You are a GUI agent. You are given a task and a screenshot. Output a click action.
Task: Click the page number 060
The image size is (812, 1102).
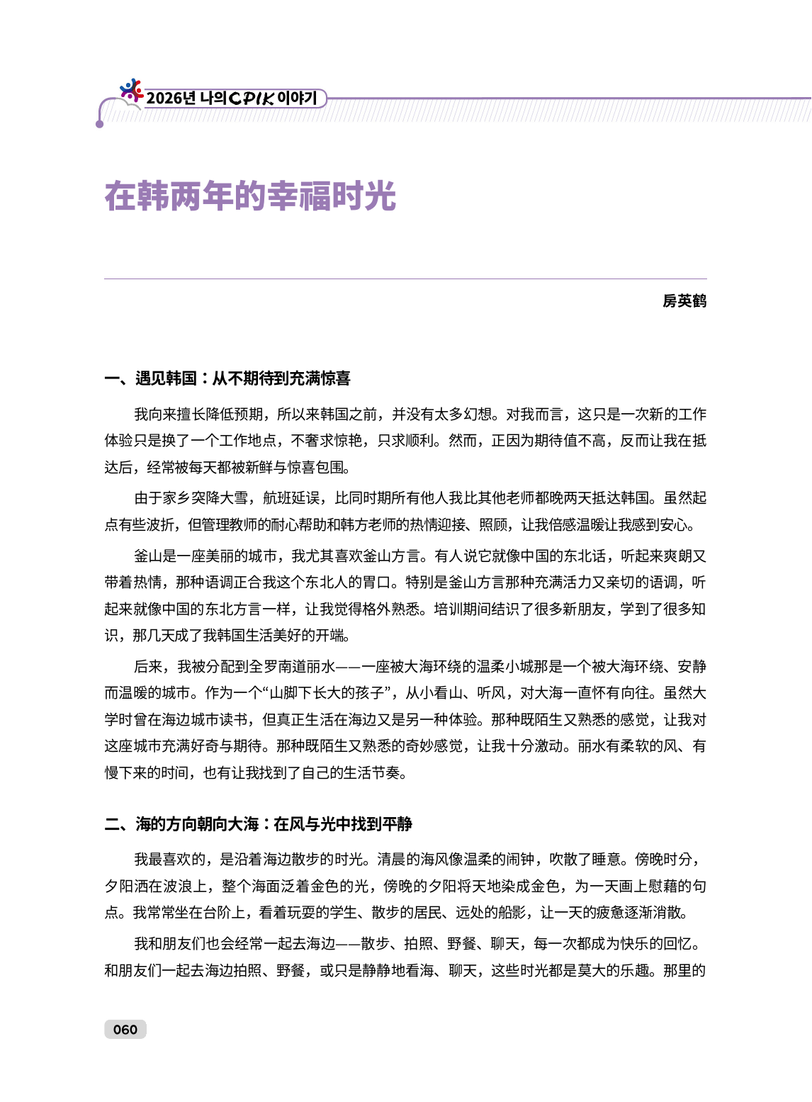click(x=125, y=1030)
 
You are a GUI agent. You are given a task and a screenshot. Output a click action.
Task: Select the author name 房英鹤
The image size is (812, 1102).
click(x=684, y=301)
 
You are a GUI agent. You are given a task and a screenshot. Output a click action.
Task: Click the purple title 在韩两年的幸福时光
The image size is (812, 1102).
click(x=250, y=196)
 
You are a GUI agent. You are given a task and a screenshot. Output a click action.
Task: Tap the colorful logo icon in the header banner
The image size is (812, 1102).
click(x=131, y=90)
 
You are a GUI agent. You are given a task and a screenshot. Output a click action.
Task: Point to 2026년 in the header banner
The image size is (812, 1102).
click(x=171, y=98)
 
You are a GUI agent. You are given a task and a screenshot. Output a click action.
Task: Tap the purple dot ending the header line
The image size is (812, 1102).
click(x=100, y=124)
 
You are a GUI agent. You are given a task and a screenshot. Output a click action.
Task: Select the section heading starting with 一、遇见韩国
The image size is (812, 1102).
click(x=227, y=378)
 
